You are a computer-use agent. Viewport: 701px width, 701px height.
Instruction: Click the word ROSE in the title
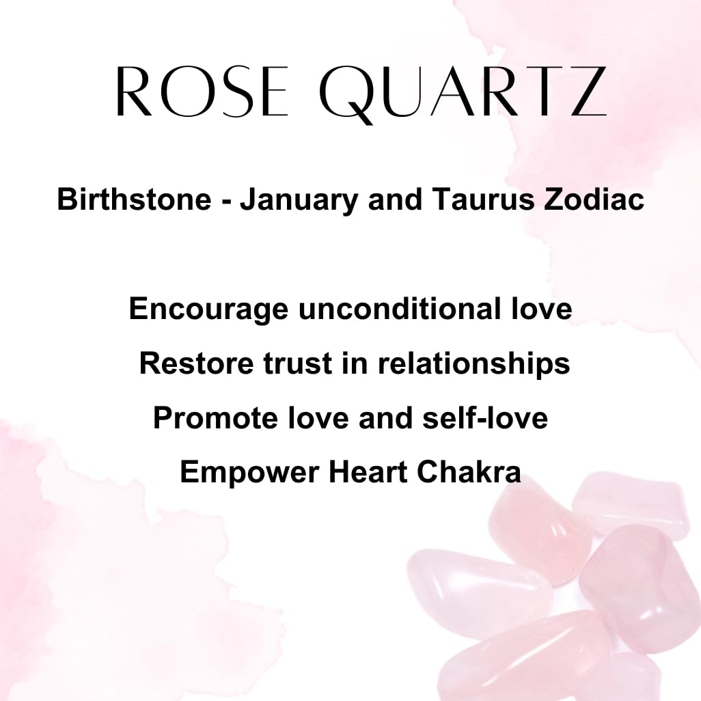(x=201, y=91)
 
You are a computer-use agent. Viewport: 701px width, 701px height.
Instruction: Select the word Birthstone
(x=134, y=199)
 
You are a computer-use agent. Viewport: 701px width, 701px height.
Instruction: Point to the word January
(x=299, y=201)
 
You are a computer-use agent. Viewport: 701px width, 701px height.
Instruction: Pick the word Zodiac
(x=594, y=199)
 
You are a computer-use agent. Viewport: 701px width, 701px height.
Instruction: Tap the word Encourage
(x=209, y=310)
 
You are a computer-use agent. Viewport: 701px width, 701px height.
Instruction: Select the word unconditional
(x=400, y=308)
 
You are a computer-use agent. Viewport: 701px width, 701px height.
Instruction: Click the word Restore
(x=197, y=363)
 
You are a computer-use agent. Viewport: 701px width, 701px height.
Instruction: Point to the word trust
(x=297, y=364)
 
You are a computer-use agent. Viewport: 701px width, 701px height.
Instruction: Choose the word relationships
(x=474, y=364)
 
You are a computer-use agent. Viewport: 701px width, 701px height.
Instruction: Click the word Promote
(x=216, y=418)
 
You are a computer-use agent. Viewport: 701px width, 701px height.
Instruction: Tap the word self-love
(x=485, y=417)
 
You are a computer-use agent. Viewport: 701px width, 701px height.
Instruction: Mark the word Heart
(x=368, y=472)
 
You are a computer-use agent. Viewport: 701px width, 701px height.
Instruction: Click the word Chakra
(x=469, y=472)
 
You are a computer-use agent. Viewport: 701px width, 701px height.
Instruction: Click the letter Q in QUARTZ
(x=346, y=95)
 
